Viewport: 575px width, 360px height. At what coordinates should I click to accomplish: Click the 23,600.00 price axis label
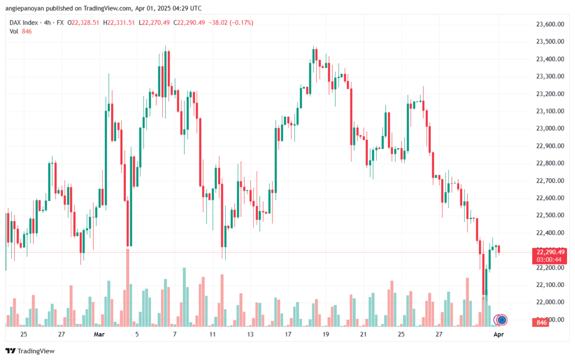click(x=546, y=25)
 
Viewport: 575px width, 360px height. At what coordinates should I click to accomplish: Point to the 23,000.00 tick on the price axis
click(x=546, y=129)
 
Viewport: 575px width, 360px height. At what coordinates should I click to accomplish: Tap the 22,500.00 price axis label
click(x=546, y=215)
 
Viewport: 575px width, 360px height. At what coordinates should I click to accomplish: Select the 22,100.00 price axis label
click(x=546, y=285)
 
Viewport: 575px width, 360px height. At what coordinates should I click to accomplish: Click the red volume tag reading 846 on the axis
click(x=542, y=322)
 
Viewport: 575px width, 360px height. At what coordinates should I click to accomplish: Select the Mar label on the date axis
click(x=99, y=335)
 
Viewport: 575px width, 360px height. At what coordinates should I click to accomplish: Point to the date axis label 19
click(x=326, y=335)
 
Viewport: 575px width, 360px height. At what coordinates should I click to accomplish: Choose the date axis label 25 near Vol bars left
click(x=24, y=335)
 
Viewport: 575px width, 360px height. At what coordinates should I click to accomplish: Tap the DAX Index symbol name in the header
click(x=24, y=22)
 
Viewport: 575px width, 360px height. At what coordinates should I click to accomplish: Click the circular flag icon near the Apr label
click(x=501, y=320)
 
